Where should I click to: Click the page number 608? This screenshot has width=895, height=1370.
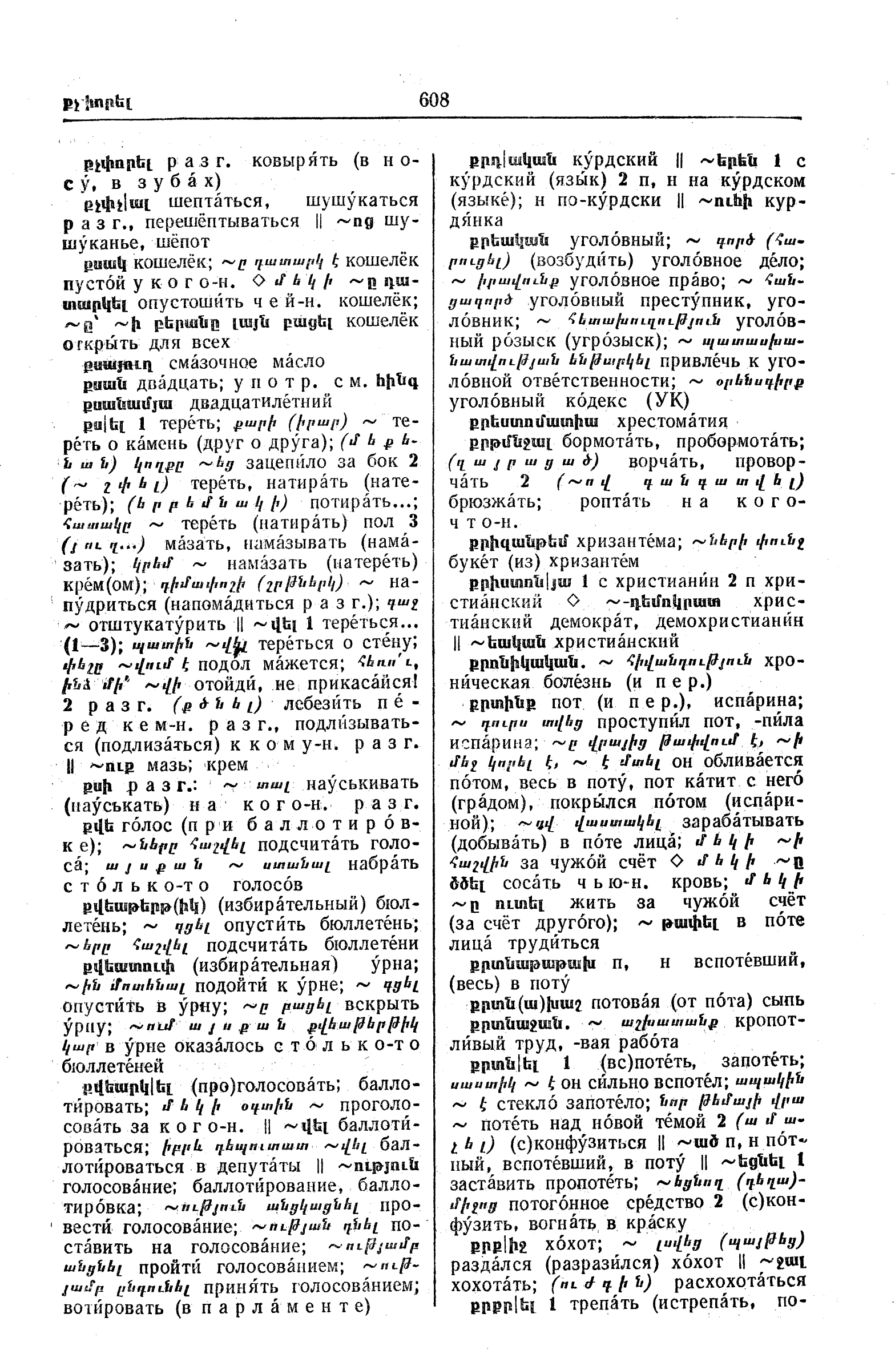pyautogui.click(x=434, y=100)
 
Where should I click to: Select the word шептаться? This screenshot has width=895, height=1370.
pyautogui.click(x=215, y=202)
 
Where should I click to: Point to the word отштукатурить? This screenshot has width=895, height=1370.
pyautogui.click(x=159, y=624)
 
